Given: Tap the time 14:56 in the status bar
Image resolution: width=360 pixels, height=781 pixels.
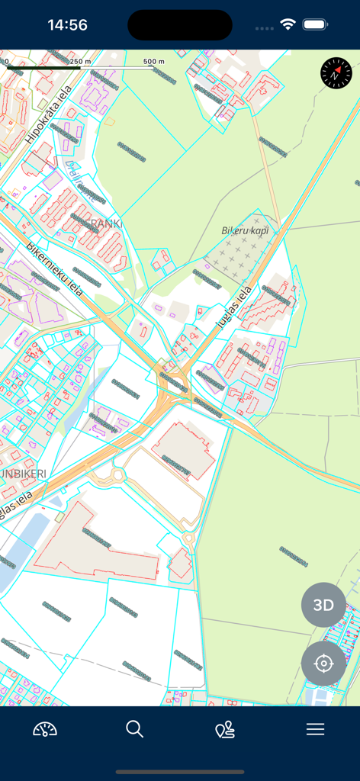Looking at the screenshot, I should [67, 25].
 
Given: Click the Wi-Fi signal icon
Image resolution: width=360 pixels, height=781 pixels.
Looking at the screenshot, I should [288, 24].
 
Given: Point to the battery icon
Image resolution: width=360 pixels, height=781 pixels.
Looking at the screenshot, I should [315, 24].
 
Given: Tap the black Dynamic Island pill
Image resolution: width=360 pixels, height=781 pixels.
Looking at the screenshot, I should [180, 25].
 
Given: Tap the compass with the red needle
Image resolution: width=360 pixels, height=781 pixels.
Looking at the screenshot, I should [336, 73].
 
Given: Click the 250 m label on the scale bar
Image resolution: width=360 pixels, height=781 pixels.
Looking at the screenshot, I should [80, 61].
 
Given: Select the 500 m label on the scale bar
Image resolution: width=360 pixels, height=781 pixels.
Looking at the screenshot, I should [154, 61].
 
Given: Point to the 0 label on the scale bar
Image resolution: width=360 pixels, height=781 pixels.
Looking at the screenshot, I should [6, 61].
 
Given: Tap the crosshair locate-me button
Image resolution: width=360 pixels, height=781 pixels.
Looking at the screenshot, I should [323, 664].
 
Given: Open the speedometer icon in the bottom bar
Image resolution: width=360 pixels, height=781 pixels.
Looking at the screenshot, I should [45, 729].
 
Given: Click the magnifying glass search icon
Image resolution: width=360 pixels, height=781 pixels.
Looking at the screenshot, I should [135, 729].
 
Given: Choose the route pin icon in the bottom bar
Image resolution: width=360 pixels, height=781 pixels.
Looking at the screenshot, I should [225, 729].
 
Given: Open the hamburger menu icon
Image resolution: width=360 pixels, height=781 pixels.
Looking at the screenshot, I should [315, 729].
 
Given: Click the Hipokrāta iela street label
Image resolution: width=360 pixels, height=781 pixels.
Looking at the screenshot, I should [48, 114].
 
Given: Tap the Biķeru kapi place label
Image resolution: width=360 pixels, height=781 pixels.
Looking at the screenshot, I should [245, 230].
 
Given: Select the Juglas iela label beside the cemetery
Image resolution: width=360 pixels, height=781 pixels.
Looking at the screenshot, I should [233, 306].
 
